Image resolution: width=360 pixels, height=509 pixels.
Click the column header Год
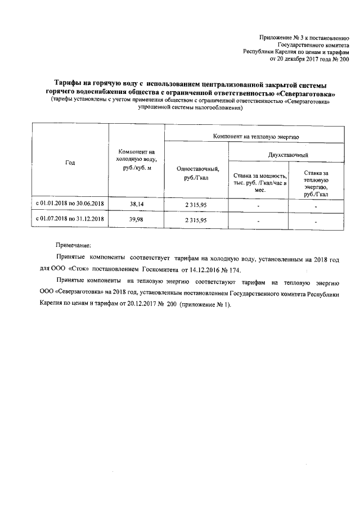coord(70,163)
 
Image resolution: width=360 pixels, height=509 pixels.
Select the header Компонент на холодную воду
coord(136,160)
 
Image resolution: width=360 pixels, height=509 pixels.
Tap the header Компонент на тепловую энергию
coord(256,136)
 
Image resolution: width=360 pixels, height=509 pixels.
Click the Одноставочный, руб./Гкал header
coord(196,173)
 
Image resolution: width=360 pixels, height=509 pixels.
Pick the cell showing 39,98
coord(136,219)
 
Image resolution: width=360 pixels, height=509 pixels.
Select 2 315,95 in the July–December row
coord(196,219)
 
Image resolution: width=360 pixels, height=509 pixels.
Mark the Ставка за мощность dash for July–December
coord(258,220)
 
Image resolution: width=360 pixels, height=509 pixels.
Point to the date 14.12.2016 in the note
coord(204,269)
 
